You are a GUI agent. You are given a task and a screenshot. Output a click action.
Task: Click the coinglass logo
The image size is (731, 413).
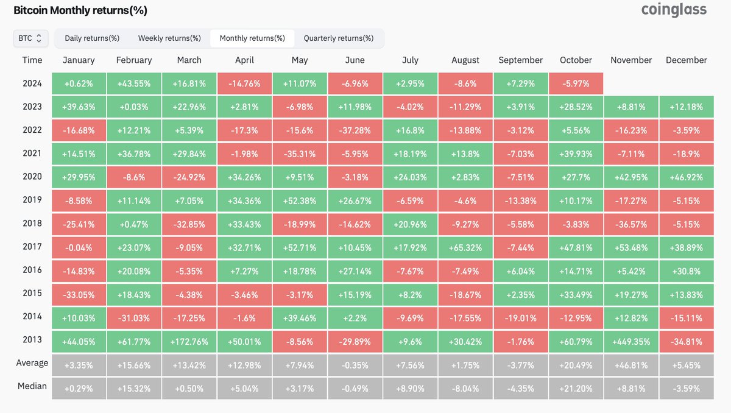674,10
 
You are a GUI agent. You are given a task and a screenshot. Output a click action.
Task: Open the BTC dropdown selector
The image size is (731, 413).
30,38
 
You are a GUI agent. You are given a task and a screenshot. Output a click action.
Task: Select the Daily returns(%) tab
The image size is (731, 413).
92,38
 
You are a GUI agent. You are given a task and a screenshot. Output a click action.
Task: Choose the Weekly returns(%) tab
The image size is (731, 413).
169,38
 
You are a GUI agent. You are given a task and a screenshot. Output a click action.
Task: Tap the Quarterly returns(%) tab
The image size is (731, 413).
339,38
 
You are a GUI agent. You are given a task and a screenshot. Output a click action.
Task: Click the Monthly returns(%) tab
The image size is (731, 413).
252,38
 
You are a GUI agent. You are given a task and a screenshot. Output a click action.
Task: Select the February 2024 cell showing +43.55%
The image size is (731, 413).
133,83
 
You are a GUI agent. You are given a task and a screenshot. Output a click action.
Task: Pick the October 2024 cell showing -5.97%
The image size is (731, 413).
576,83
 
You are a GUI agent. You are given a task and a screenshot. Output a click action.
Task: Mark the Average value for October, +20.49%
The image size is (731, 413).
576,364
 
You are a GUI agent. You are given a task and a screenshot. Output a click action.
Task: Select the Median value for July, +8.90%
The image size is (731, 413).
410,387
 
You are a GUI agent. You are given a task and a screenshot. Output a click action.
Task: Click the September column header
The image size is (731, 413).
520,60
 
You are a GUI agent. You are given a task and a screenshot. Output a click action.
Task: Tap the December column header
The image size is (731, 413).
686,60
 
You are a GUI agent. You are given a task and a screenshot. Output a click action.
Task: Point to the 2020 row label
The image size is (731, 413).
32,176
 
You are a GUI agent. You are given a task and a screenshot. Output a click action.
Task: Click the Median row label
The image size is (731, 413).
32,386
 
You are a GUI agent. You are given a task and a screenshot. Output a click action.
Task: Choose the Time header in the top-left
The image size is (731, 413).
32,60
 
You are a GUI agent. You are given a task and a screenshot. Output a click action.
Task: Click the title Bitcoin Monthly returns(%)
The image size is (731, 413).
80,10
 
